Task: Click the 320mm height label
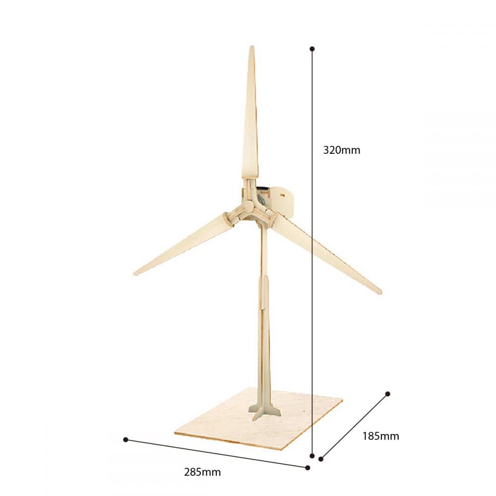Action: tap(342, 150)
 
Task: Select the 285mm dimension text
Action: tap(202, 472)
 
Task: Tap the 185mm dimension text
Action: tap(380, 436)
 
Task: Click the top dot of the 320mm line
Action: tap(312, 49)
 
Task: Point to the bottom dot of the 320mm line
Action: tap(312, 456)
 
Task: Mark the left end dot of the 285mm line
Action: tap(125, 439)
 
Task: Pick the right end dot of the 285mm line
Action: tap(308, 468)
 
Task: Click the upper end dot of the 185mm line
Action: tap(388, 394)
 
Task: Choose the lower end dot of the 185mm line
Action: tap(321, 459)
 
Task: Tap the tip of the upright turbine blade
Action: tap(252, 46)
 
